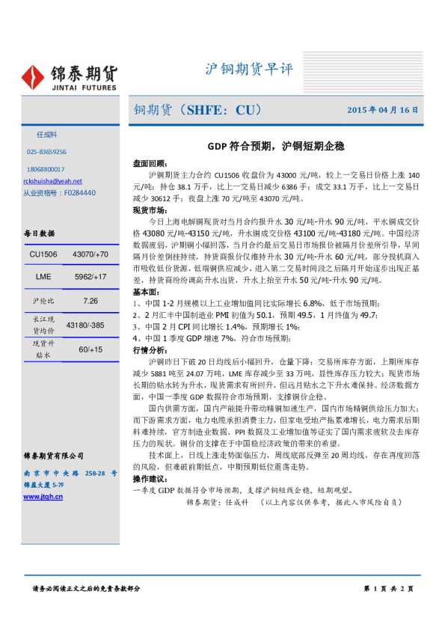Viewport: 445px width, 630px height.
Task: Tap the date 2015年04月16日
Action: [382, 110]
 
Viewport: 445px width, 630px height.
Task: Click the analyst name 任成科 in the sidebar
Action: [47, 135]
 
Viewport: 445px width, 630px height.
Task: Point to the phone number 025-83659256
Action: [46, 152]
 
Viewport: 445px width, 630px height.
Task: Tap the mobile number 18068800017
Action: [46, 170]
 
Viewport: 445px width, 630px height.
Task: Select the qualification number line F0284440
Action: [59, 192]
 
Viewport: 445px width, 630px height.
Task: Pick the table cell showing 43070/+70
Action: [90, 255]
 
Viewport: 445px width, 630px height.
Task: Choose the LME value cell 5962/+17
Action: [90, 278]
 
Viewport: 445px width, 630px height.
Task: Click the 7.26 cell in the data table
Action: [90, 301]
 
